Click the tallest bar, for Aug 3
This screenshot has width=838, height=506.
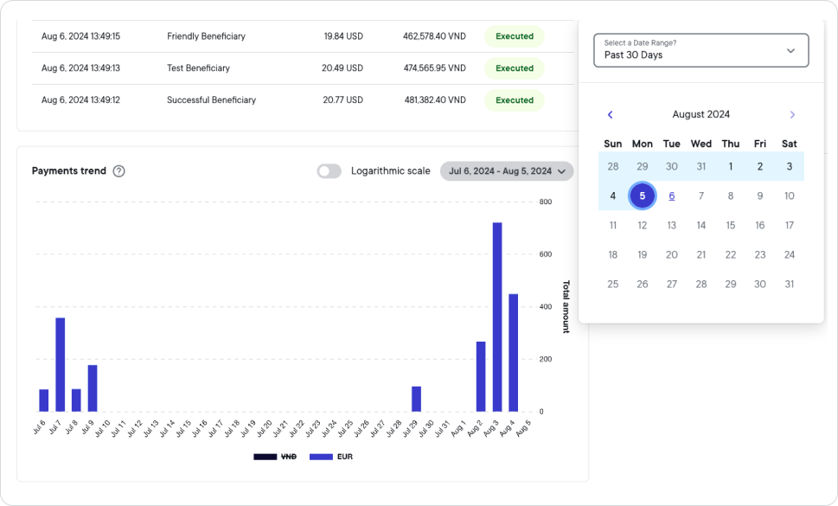click(497, 317)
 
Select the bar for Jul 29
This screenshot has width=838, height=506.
click(416, 399)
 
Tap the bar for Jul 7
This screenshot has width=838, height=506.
click(61, 364)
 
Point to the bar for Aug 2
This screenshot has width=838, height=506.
click(481, 376)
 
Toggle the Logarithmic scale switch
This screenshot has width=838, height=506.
click(329, 171)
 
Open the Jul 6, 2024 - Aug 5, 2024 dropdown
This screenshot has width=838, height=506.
click(506, 171)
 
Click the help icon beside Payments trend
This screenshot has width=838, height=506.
click(119, 171)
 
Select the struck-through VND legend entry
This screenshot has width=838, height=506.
click(275, 457)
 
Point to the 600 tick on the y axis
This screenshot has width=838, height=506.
click(546, 254)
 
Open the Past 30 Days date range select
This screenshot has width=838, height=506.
click(700, 50)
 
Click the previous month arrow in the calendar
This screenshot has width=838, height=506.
click(610, 114)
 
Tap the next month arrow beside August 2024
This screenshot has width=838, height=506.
click(791, 114)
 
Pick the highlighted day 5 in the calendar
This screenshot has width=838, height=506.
click(642, 195)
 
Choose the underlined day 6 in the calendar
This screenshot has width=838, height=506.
click(671, 195)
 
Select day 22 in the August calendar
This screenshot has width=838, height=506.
click(730, 254)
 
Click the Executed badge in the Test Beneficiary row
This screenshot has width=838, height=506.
click(515, 68)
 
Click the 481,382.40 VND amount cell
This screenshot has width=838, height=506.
click(435, 100)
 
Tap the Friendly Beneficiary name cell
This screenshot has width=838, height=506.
click(206, 36)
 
